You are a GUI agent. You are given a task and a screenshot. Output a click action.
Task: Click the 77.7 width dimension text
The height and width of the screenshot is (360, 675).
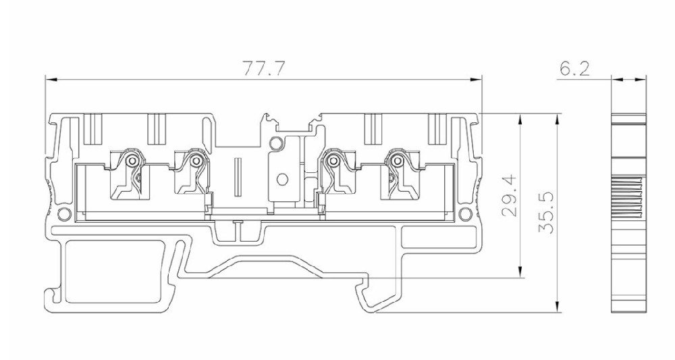(x=263, y=68)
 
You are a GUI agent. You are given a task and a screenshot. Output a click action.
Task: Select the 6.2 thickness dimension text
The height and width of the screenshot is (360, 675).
(x=574, y=68)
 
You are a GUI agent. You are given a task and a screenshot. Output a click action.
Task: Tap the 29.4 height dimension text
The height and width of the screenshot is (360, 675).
(x=510, y=195)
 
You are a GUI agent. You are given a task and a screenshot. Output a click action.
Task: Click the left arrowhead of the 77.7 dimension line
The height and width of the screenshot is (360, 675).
(x=51, y=79)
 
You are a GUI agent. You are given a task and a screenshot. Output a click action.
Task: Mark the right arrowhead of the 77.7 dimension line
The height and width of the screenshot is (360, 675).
(x=476, y=79)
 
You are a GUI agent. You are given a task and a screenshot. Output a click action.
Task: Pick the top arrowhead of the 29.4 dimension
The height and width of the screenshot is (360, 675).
(x=521, y=120)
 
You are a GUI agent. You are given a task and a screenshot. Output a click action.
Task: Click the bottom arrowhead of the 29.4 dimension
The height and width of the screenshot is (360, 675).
(x=521, y=272)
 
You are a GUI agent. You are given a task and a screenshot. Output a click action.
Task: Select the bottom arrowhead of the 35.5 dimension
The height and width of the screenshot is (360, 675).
(x=558, y=306)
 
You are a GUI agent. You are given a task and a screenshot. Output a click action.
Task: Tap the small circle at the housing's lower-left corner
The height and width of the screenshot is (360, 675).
(x=64, y=213)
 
